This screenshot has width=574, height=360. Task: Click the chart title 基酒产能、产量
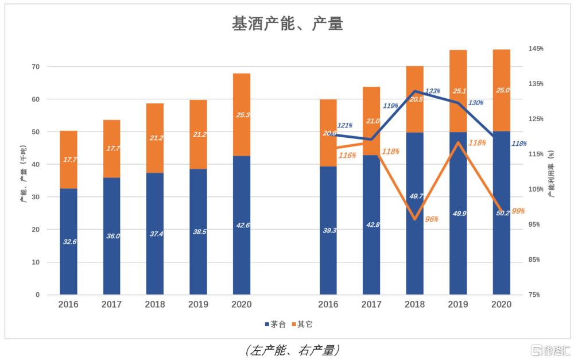287,24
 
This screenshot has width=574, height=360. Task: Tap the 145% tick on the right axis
536,49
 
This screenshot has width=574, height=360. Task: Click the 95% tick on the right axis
536,224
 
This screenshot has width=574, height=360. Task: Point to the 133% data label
432,91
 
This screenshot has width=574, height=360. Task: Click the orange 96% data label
432,219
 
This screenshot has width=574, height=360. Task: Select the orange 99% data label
518,211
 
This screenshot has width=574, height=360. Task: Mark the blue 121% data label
345,125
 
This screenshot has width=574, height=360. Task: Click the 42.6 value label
242,225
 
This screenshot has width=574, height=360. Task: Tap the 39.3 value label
329,230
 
